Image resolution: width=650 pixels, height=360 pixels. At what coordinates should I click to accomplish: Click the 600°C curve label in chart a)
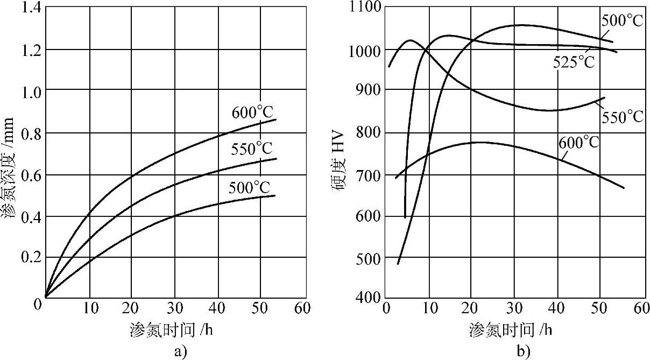click(x=253, y=113)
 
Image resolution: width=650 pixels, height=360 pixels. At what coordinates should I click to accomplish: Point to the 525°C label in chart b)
click(x=574, y=62)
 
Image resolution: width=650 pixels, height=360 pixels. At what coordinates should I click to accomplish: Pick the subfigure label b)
click(x=522, y=352)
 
